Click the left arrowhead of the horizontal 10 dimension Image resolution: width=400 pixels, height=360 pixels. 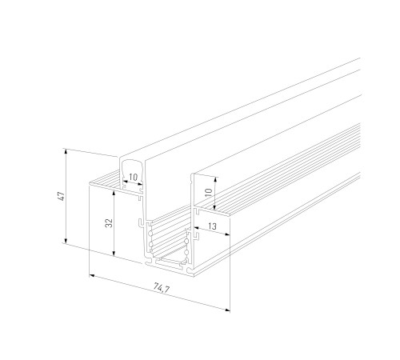click(122, 183)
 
